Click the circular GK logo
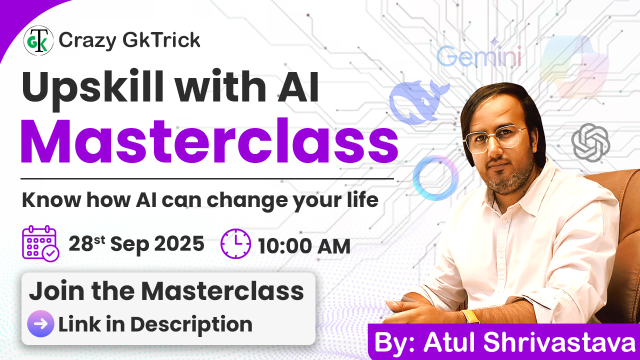click(38, 40)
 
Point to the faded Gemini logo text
click(479, 55)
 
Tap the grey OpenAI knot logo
click(590, 142)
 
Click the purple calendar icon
click(40, 243)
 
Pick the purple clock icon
click(235, 243)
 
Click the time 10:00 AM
click(304, 246)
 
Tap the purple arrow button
click(40, 323)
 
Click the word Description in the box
click(191, 325)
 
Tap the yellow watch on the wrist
click(471, 316)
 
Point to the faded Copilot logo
click(574, 67)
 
